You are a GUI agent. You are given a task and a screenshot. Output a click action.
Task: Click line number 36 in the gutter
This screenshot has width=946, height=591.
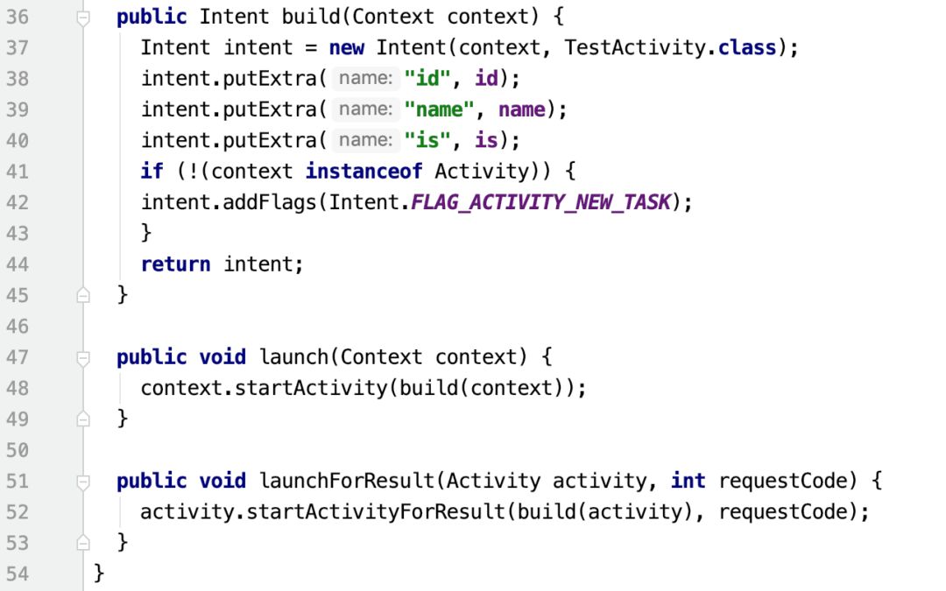pyautogui.click(x=18, y=17)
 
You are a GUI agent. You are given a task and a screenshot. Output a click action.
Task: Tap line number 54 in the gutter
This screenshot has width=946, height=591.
pyautogui.click(x=18, y=573)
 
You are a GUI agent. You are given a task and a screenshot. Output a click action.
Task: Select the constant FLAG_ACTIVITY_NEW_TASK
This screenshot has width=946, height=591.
pyautogui.click(x=540, y=202)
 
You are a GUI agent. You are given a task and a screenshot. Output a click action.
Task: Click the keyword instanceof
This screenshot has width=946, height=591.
pyautogui.click(x=364, y=171)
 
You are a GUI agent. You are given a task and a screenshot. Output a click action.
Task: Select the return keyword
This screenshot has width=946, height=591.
pyautogui.click(x=175, y=264)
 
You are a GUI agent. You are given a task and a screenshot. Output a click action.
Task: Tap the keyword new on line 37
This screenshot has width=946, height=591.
pyautogui.click(x=347, y=47)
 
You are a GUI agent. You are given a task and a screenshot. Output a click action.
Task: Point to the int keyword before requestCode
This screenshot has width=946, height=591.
pyautogui.click(x=688, y=481)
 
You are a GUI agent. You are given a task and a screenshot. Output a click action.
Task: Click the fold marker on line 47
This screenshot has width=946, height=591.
pyautogui.click(x=83, y=357)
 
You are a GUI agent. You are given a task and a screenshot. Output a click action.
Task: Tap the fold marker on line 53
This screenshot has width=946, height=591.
pyautogui.click(x=83, y=543)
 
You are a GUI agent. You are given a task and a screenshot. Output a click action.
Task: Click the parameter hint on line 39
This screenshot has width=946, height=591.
pyautogui.click(x=364, y=109)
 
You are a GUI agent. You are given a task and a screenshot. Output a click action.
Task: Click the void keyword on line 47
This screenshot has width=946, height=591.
pyautogui.click(x=222, y=357)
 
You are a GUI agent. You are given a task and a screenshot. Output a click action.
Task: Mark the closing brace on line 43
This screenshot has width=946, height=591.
pyautogui.click(x=146, y=233)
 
